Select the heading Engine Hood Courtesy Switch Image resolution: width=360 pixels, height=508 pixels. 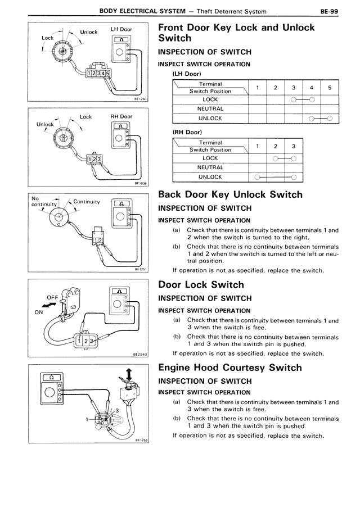tap(230, 368)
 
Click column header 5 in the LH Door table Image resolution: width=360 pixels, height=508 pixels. tap(329, 88)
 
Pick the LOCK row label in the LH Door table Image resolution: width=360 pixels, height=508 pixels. tap(210, 99)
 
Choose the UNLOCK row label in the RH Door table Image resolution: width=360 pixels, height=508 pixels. tap(210, 176)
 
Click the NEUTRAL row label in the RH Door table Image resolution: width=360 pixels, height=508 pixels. tap(210, 167)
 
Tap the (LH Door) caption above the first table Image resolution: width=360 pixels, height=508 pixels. tap(187, 74)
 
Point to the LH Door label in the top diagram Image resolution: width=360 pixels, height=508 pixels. tap(121, 29)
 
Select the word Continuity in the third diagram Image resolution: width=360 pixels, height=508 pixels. tap(87, 202)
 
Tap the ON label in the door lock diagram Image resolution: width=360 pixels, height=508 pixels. tap(38, 314)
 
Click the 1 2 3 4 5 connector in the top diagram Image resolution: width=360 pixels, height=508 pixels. tap(97, 73)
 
